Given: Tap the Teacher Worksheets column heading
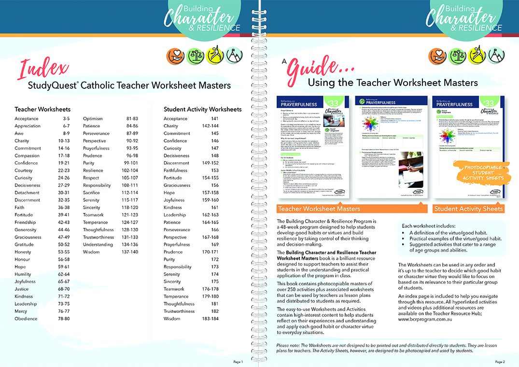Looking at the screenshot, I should coord(42,109).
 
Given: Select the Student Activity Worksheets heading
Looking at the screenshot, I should coord(202,109).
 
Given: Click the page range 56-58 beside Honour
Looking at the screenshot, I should coord(64,259).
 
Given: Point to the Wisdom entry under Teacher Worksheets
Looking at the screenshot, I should coord(91,252).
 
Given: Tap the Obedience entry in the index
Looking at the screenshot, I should coord(26,319).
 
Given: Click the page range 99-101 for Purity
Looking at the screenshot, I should coord(131,163).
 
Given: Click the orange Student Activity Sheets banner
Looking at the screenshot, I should coord(468,209).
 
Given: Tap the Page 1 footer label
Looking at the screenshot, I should coord(238,362).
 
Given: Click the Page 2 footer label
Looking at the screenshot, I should coord(500,362).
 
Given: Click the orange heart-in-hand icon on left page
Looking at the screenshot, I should coord(174,56).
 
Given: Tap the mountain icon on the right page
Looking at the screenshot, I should coord(494,56).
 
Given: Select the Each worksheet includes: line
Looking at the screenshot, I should coord(428,226).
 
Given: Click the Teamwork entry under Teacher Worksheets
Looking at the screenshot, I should coord(93,215).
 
